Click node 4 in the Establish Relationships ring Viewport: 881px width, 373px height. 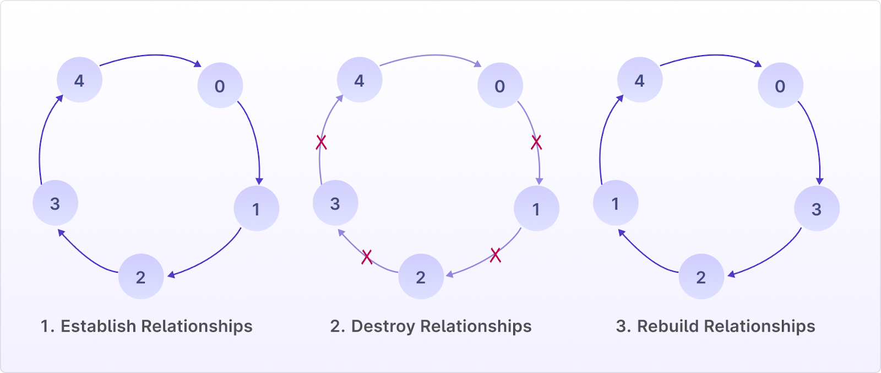79,80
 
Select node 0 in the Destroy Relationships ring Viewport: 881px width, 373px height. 500,86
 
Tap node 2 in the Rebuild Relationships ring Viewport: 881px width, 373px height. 701,277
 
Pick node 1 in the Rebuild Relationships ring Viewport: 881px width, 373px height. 616,203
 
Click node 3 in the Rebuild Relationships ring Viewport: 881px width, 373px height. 817,209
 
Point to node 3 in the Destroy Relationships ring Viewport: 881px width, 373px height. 335,203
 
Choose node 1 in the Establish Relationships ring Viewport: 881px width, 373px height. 256,209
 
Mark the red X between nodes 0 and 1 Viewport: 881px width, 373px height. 536,143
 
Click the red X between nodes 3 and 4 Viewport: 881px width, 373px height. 322,143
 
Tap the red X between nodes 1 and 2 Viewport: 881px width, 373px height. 496,255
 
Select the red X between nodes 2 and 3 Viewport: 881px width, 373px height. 367,256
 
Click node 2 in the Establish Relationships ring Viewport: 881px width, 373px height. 141,277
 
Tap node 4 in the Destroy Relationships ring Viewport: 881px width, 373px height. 360,80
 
